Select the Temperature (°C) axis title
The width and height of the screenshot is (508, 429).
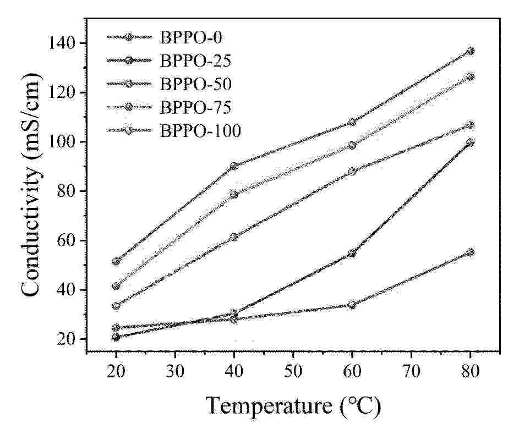[293, 406]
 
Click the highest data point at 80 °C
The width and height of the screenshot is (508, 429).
[470, 51]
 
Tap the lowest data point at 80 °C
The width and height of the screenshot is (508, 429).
[470, 252]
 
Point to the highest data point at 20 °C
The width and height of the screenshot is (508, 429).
[116, 261]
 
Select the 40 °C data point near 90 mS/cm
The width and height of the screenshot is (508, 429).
[234, 166]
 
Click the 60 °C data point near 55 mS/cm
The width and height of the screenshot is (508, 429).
[352, 254]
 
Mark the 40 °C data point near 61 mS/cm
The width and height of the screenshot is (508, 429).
[234, 237]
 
